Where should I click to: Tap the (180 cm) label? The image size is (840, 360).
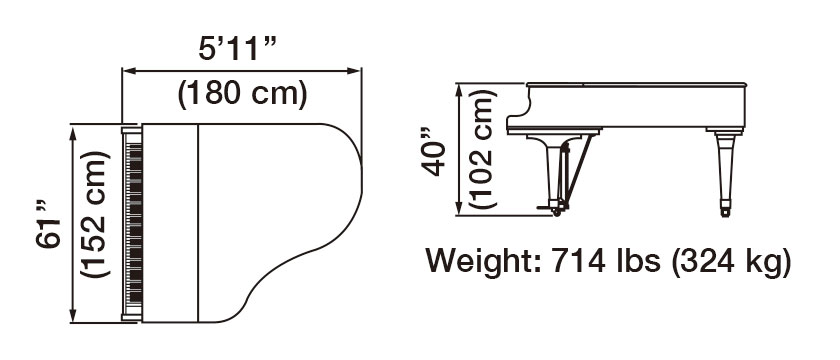point(241,95)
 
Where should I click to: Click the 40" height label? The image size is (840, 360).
point(432,151)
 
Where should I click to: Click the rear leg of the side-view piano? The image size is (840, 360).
point(722,170)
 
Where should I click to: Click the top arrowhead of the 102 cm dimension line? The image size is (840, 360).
point(458,89)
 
